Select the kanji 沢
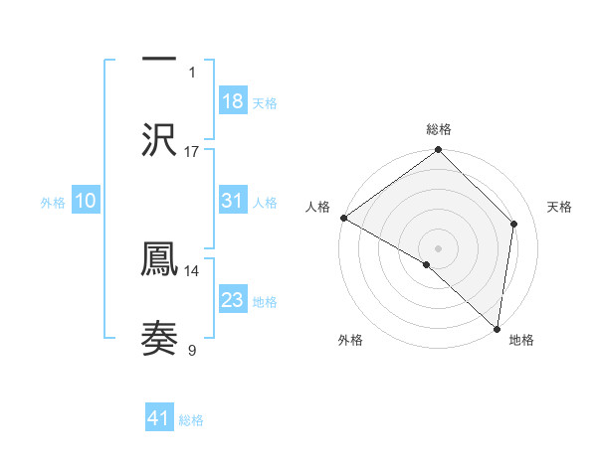(x=159, y=138)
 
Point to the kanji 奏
(x=159, y=338)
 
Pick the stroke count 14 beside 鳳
(x=192, y=270)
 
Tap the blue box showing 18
(x=233, y=101)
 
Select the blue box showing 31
(x=233, y=201)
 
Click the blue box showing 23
(x=233, y=300)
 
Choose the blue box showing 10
(x=86, y=201)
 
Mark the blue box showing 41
(x=159, y=419)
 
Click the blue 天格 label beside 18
(x=265, y=103)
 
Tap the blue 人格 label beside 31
(x=265, y=203)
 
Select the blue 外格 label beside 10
(x=53, y=203)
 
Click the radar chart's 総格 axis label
(x=439, y=130)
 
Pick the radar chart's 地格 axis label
(x=521, y=341)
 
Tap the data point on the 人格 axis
(x=343, y=218)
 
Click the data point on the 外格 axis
(x=426, y=264)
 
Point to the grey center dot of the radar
(x=438, y=247)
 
